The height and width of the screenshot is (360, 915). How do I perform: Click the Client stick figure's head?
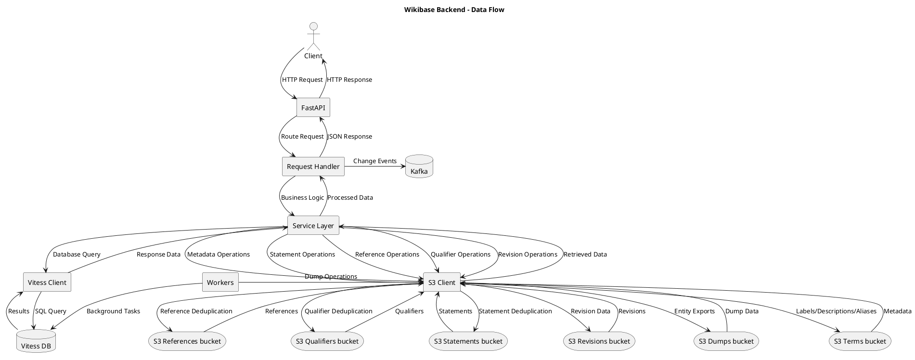(313, 26)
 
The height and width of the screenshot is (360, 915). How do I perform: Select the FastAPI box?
(313, 108)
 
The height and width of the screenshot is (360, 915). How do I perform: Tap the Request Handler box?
(313, 167)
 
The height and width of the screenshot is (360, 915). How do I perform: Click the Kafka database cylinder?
(419, 167)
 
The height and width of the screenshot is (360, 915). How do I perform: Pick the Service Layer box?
(313, 226)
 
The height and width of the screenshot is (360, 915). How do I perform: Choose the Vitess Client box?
(47, 283)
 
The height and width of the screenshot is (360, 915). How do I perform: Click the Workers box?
(220, 283)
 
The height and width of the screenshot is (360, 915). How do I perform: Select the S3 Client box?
(442, 283)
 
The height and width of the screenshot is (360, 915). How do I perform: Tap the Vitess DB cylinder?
(36, 341)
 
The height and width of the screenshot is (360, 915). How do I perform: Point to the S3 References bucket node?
(187, 341)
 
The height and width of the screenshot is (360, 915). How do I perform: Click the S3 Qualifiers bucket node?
(327, 341)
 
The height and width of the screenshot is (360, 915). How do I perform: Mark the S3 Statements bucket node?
(468, 341)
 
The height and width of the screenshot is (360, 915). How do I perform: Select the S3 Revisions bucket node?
(599, 341)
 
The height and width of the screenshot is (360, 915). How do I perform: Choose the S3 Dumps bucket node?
(726, 341)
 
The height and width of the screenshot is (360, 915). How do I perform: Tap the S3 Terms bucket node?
(860, 341)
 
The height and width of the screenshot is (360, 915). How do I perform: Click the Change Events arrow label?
(375, 161)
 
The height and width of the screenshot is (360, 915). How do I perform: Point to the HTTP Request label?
(302, 80)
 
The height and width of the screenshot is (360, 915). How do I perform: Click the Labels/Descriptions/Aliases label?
(836, 311)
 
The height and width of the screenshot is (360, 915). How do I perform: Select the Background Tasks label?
(113, 311)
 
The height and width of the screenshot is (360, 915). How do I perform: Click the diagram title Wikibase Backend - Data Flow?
(454, 10)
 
